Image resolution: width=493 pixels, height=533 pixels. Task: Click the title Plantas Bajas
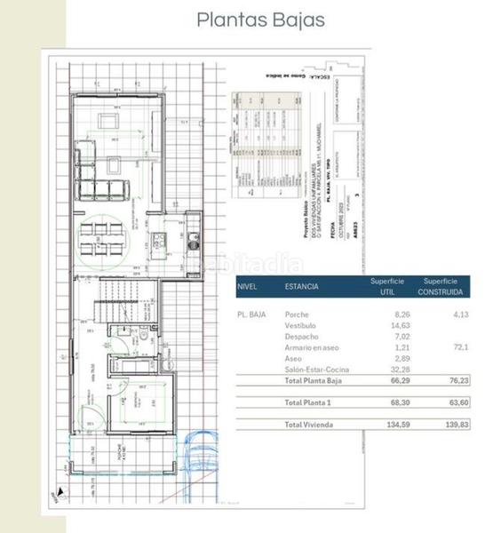pos(260,20)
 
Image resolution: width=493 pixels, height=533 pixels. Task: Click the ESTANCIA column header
pos(302,287)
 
